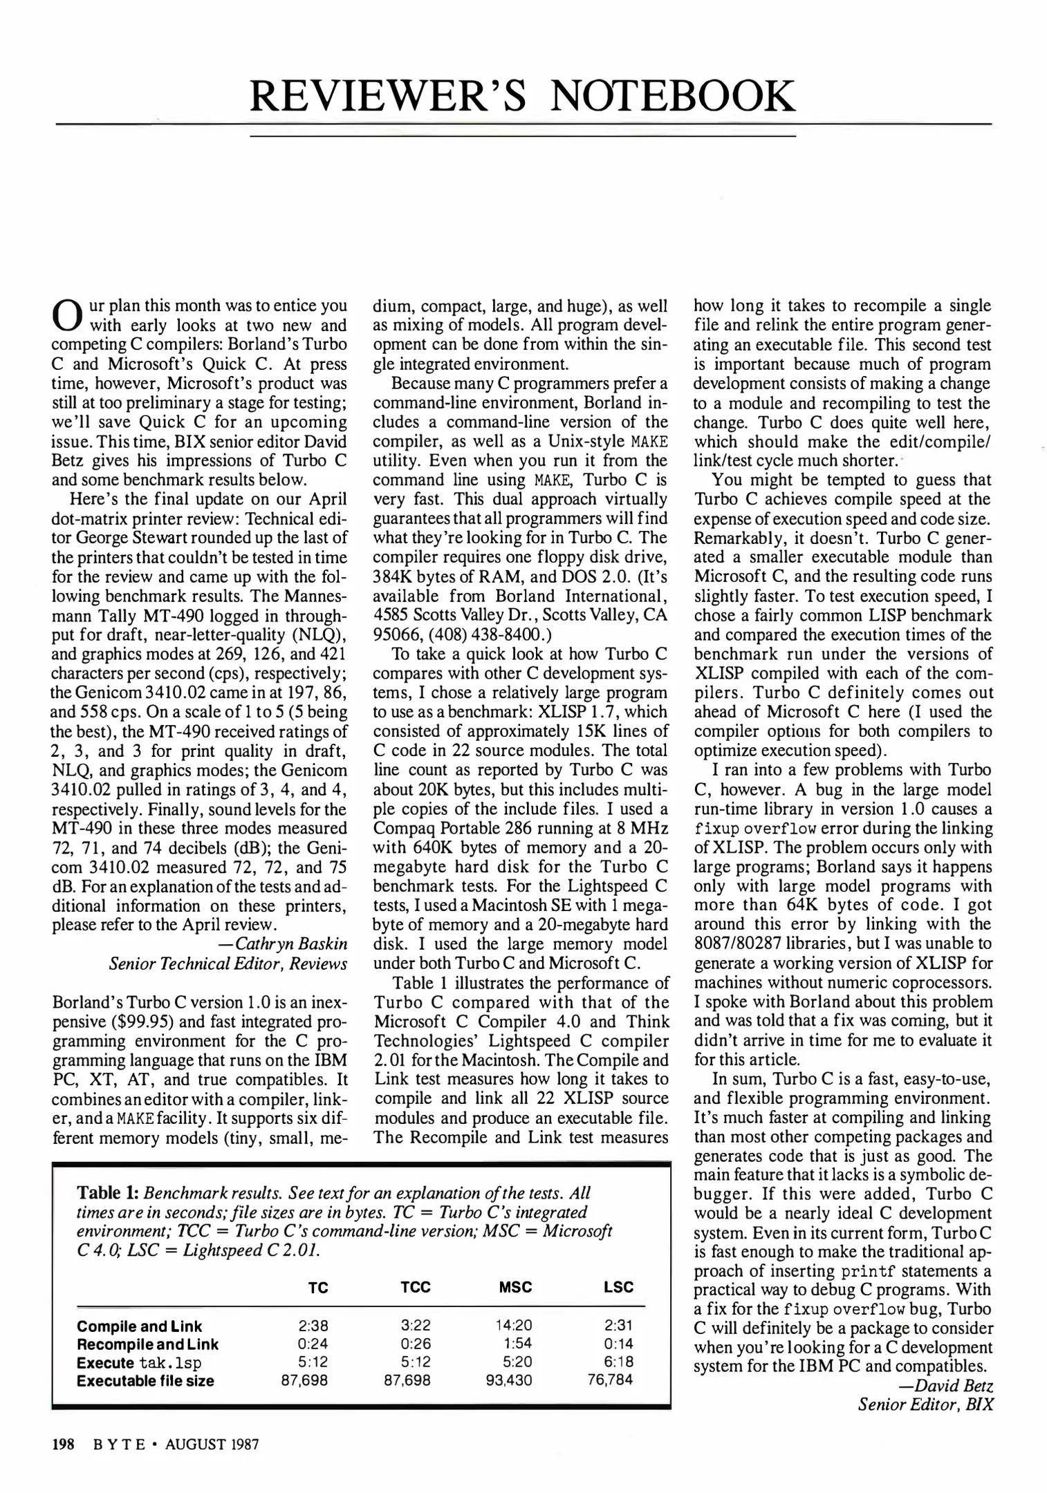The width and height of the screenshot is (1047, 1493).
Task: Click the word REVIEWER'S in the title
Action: click(388, 97)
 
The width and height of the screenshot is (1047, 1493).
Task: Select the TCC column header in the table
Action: click(415, 1287)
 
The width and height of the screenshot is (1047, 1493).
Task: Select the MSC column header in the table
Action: click(515, 1287)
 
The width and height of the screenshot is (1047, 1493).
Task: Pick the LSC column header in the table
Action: click(618, 1287)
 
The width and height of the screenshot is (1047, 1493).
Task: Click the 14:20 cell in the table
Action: click(514, 1326)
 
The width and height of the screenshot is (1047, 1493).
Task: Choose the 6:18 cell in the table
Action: click(618, 1362)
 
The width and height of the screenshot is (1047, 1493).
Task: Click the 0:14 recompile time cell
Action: click(618, 1344)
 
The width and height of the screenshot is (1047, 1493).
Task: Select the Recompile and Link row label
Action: click(147, 1344)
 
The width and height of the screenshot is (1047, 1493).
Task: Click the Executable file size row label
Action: click(145, 1381)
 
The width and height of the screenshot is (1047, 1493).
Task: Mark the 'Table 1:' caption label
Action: click(108, 1194)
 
